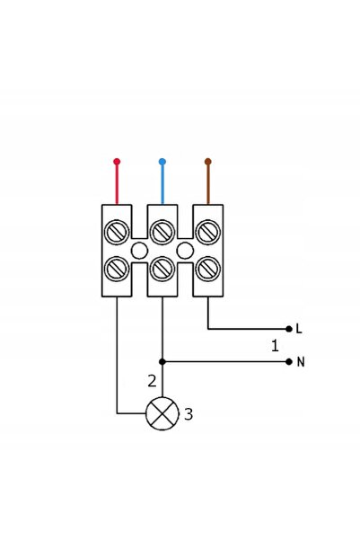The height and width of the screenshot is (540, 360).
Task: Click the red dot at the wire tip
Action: [117, 161]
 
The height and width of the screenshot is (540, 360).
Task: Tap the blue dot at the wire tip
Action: [162, 161]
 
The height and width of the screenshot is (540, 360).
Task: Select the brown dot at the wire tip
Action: [207, 161]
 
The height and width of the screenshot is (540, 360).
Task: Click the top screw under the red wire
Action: [117, 232]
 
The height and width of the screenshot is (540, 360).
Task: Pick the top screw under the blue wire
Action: [162, 232]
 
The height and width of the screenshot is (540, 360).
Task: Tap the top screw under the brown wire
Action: [207, 232]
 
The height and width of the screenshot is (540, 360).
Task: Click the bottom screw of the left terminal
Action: [117, 269]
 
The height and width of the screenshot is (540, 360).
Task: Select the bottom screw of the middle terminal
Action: [162, 269]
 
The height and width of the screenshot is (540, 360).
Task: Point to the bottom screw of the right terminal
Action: [207, 269]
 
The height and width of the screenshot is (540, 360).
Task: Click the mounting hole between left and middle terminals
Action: [139, 251]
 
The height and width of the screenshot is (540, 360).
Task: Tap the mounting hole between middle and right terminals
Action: [185, 251]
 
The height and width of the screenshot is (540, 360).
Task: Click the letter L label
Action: [299, 329]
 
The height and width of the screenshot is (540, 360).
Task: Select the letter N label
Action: [301, 362]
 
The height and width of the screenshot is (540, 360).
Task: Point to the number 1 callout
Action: [275, 345]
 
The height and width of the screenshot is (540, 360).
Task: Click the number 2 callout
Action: [152, 381]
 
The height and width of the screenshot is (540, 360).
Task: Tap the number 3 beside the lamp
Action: [189, 414]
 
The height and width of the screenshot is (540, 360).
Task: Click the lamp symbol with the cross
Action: [162, 413]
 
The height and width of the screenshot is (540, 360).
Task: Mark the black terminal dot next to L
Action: [289, 329]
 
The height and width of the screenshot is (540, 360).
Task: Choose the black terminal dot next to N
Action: [289, 361]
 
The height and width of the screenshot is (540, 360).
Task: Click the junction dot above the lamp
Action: [162, 361]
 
